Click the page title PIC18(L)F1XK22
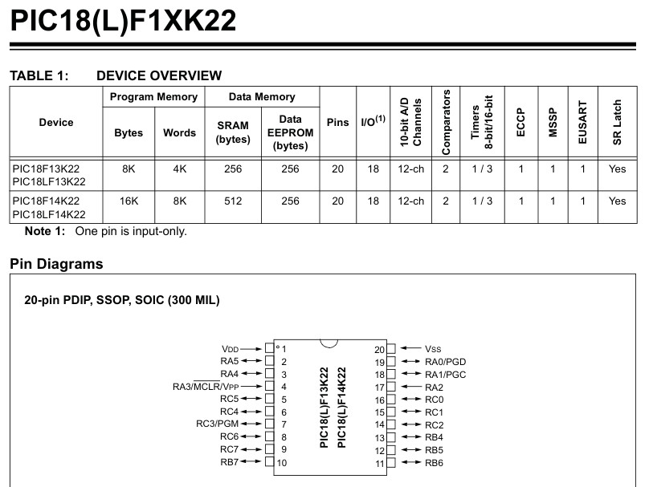[123, 20]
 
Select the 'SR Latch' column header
[617, 122]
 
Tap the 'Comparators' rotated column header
[446, 122]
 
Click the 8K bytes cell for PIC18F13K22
[129, 168]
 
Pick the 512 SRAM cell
[233, 201]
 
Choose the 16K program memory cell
[129, 201]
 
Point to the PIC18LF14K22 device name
[49, 214]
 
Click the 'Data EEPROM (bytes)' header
[290, 132]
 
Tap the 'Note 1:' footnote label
[45, 231]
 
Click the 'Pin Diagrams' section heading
[56, 264]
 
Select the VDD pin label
[231, 349]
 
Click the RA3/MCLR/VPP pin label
[206, 387]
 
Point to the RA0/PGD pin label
[445, 362]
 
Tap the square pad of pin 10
[269, 461]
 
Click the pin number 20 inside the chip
[379, 350]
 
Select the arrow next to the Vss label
[410, 348]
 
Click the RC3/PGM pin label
[218, 424]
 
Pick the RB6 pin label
[434, 463]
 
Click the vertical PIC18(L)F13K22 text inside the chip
[324, 408]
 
